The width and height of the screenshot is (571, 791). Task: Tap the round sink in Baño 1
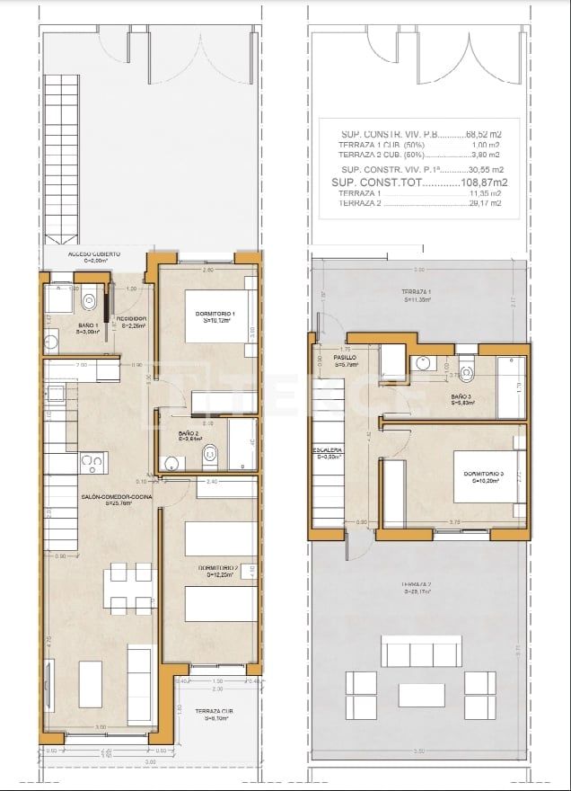point(52,340)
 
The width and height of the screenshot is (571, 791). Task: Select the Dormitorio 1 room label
point(214,316)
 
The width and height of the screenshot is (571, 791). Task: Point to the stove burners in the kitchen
point(92,463)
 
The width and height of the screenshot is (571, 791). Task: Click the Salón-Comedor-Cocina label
point(106,500)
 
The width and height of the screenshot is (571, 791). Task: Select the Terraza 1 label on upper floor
point(418,297)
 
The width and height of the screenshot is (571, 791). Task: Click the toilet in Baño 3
point(466,368)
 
